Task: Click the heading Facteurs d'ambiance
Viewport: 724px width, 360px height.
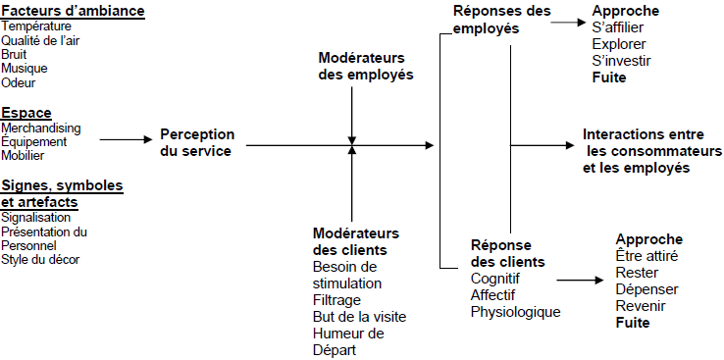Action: (74, 12)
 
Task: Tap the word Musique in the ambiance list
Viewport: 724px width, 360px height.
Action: (25, 69)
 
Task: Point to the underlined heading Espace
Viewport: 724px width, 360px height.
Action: (26, 112)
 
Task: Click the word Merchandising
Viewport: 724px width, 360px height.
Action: (41, 129)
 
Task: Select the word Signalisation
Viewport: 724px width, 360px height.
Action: (36, 217)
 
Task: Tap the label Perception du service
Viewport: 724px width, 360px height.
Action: (197, 142)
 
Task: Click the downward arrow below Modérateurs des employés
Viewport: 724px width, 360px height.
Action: (351, 118)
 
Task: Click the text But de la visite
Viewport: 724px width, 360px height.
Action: (359, 317)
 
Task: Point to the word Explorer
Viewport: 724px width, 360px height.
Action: (619, 44)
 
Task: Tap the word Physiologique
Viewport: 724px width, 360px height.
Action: (515, 312)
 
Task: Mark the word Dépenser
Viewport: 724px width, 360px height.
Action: (646, 288)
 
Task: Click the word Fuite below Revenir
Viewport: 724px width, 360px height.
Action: (633, 321)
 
